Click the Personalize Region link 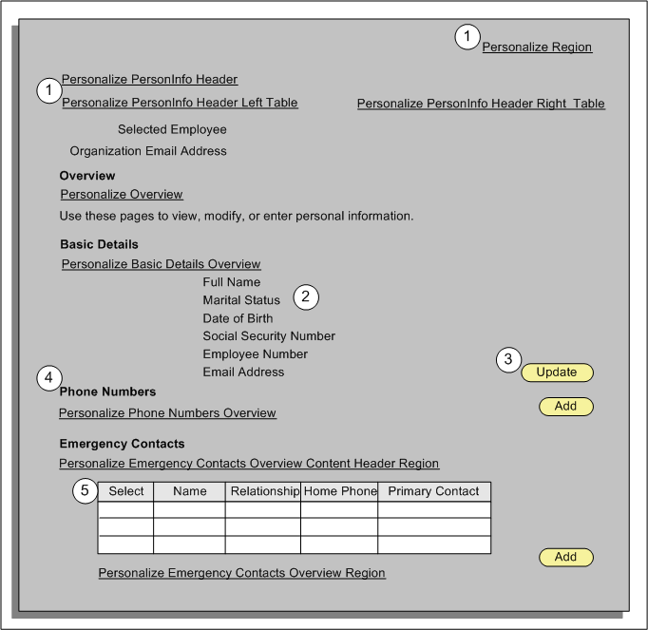tap(537, 47)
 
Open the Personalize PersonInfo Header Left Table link tap(180, 103)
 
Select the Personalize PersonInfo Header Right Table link tap(481, 104)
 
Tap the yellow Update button tap(557, 372)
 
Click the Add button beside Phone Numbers tap(565, 407)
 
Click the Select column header tap(126, 491)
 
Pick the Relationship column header tap(263, 491)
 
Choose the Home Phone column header tap(339, 491)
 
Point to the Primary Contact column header tap(434, 491)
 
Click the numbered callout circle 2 tap(305, 296)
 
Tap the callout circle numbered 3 tap(508, 359)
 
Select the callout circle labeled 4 tap(49, 378)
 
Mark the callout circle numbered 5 tap(86, 491)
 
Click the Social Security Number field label tap(269, 336)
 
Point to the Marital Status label tap(241, 300)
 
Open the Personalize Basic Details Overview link tap(161, 264)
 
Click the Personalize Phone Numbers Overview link tap(167, 413)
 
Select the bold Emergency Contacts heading tap(122, 444)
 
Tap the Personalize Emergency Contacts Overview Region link tap(242, 573)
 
